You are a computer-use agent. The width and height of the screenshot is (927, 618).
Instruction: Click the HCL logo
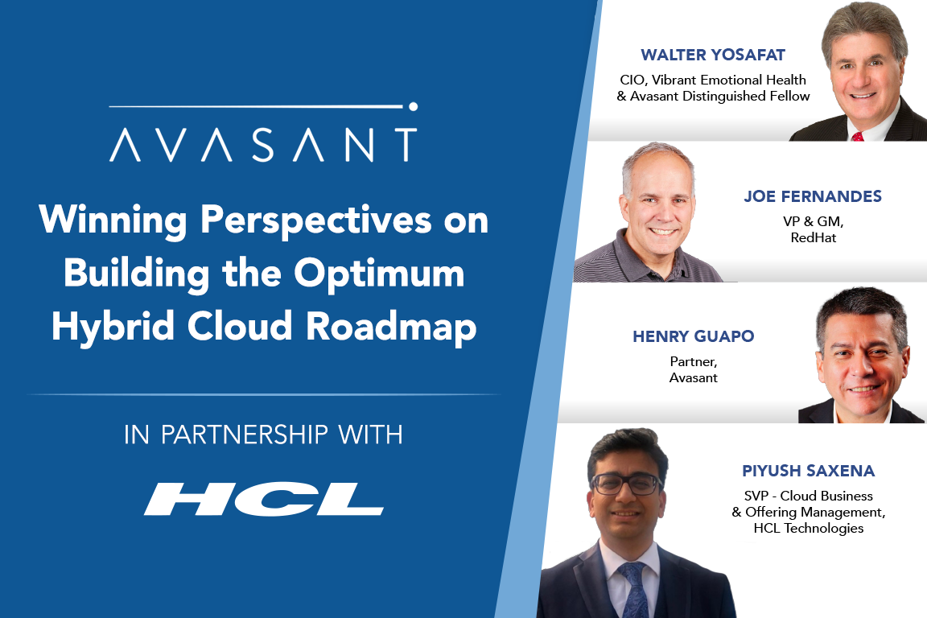coord(264,499)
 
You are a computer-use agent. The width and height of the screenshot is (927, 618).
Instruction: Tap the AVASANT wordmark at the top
coord(264,145)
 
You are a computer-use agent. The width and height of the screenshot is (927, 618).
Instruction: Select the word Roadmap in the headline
coord(391,327)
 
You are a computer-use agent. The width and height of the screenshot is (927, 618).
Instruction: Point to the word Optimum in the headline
coord(379,274)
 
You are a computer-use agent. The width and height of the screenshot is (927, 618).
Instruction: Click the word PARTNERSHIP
coord(244,435)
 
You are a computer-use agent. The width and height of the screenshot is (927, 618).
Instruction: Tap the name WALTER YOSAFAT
coord(713,55)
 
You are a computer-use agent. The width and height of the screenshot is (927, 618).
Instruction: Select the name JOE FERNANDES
coord(813,196)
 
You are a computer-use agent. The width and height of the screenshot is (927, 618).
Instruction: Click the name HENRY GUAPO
coord(694,336)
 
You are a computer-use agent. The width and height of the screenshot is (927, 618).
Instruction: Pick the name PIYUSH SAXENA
coord(808,471)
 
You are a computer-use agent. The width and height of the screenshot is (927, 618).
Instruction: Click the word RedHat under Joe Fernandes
coord(814,237)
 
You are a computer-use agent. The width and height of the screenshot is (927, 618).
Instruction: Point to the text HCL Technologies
coord(808,528)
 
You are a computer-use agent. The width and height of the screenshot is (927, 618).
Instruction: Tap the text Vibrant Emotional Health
coord(729,80)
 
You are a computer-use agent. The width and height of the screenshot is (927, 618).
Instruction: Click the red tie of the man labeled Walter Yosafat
coord(858,137)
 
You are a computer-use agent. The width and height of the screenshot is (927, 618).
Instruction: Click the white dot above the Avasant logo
coord(414,106)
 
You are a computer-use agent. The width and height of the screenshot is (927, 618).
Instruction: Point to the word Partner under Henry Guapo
coord(693,361)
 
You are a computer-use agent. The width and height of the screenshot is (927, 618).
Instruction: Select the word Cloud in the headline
coord(240,326)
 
